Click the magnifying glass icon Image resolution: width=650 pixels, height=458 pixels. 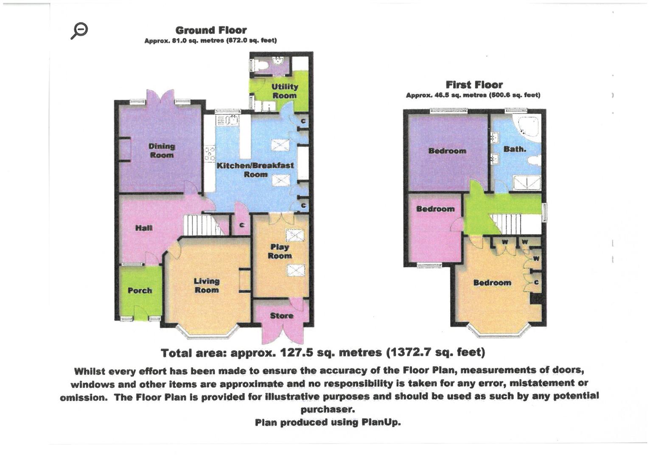pyautogui.click(x=79, y=31)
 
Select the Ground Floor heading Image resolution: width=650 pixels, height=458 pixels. pyautogui.click(x=211, y=30)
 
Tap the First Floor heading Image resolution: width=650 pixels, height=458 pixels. pyautogui.click(x=474, y=84)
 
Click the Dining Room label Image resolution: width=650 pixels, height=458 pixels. pyautogui.click(x=162, y=151)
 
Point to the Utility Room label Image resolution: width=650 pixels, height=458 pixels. pyautogui.click(x=284, y=91)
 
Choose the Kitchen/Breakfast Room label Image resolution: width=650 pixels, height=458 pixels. pyautogui.click(x=255, y=170)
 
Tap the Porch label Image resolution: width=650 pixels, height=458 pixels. pyautogui.click(x=140, y=290)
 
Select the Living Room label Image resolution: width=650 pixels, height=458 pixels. pyautogui.click(x=207, y=285)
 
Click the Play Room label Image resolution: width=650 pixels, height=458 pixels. pyautogui.click(x=280, y=251)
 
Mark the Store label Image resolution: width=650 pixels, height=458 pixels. pyautogui.click(x=282, y=316)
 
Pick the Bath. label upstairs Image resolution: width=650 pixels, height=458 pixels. pyautogui.click(x=515, y=149)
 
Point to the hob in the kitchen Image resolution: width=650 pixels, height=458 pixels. pyautogui.click(x=210, y=154)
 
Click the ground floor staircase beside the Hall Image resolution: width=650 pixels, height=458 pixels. pyautogui.click(x=202, y=224)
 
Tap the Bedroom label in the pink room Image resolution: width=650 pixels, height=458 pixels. pyautogui.click(x=435, y=209)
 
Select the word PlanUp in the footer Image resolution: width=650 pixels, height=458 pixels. pyautogui.click(x=381, y=422)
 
